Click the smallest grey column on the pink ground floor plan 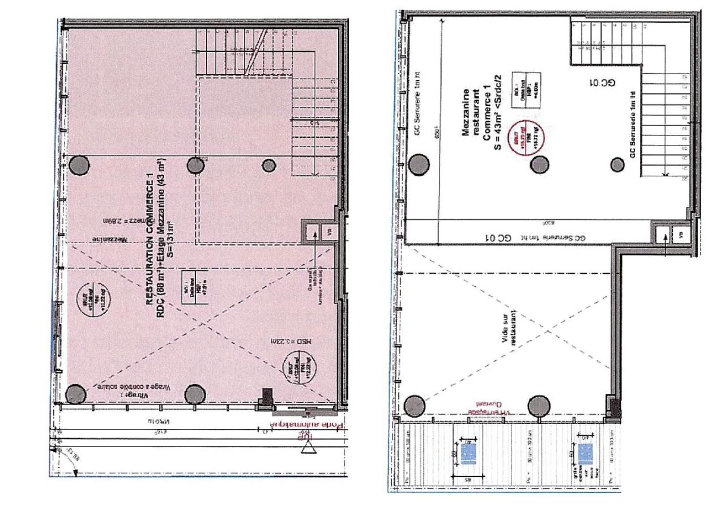point(268,165)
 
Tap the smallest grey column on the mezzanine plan point(617,165)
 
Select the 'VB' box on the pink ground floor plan point(329,231)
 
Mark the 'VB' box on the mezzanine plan point(679,235)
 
